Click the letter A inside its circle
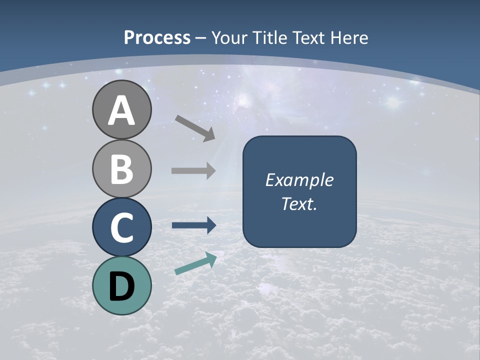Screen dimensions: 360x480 [x=121, y=111]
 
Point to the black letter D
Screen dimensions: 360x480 [x=121, y=286]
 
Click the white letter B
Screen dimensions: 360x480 [x=121, y=169]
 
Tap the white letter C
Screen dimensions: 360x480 [x=121, y=227]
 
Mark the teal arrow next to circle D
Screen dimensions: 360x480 [x=195, y=263]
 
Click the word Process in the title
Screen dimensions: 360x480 [x=157, y=37]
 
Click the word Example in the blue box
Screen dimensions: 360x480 [x=299, y=180]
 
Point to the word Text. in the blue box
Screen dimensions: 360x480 [x=299, y=204]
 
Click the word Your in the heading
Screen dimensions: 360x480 [x=229, y=37]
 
